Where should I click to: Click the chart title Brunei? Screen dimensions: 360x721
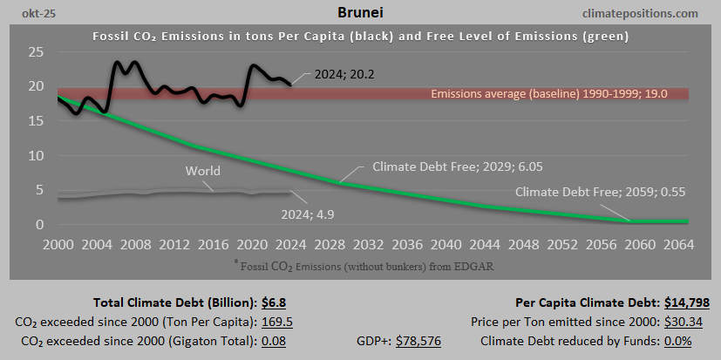(x=360, y=13)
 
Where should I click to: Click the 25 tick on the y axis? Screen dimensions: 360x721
(x=36, y=52)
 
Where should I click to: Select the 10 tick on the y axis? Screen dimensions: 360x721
(x=36, y=156)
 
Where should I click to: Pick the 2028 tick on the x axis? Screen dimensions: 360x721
(x=330, y=243)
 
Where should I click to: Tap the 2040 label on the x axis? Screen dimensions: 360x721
(x=446, y=243)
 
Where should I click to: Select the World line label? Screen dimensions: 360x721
(x=202, y=171)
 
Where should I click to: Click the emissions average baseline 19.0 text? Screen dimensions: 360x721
(x=555, y=93)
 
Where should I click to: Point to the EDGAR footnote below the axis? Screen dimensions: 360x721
(x=360, y=262)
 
